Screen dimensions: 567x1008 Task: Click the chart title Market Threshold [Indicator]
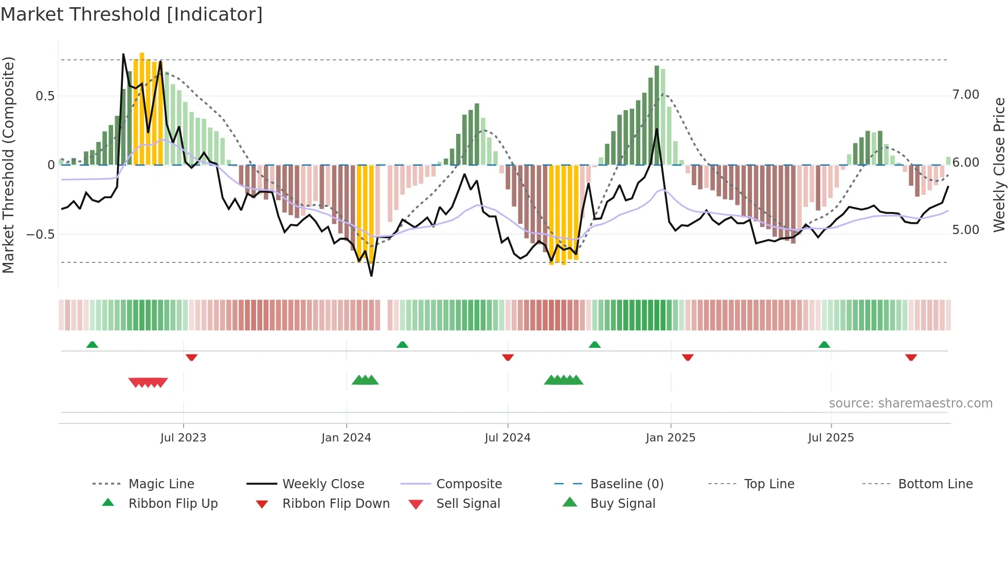[x=132, y=14]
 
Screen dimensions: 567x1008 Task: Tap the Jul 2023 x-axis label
[x=183, y=438]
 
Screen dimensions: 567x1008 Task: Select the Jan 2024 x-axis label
[x=346, y=438]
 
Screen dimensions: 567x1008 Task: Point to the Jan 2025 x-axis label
[x=671, y=438]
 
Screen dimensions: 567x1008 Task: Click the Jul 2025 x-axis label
[x=831, y=438]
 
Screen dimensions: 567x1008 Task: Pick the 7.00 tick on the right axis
[x=965, y=95]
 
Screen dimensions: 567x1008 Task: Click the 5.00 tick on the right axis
[x=965, y=230]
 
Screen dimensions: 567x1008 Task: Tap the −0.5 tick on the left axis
[x=40, y=235]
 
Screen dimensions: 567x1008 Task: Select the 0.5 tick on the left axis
[x=45, y=96]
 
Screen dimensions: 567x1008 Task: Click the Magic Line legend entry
[x=161, y=484]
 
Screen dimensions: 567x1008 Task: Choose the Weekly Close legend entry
[x=323, y=484]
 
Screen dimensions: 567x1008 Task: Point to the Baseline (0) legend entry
[x=626, y=484]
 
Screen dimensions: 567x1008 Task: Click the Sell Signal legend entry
[x=468, y=504]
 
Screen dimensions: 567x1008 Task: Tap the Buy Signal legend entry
[x=622, y=504]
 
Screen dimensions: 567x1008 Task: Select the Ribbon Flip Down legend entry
[x=336, y=504]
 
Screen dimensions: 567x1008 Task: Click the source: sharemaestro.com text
[x=910, y=403]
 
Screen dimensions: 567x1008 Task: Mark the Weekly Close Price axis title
[x=999, y=165]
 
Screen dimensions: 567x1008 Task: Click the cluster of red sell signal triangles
[x=148, y=382]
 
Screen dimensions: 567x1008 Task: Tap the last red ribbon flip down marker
[x=911, y=357]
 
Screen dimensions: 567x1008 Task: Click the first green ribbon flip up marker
[x=92, y=345]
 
